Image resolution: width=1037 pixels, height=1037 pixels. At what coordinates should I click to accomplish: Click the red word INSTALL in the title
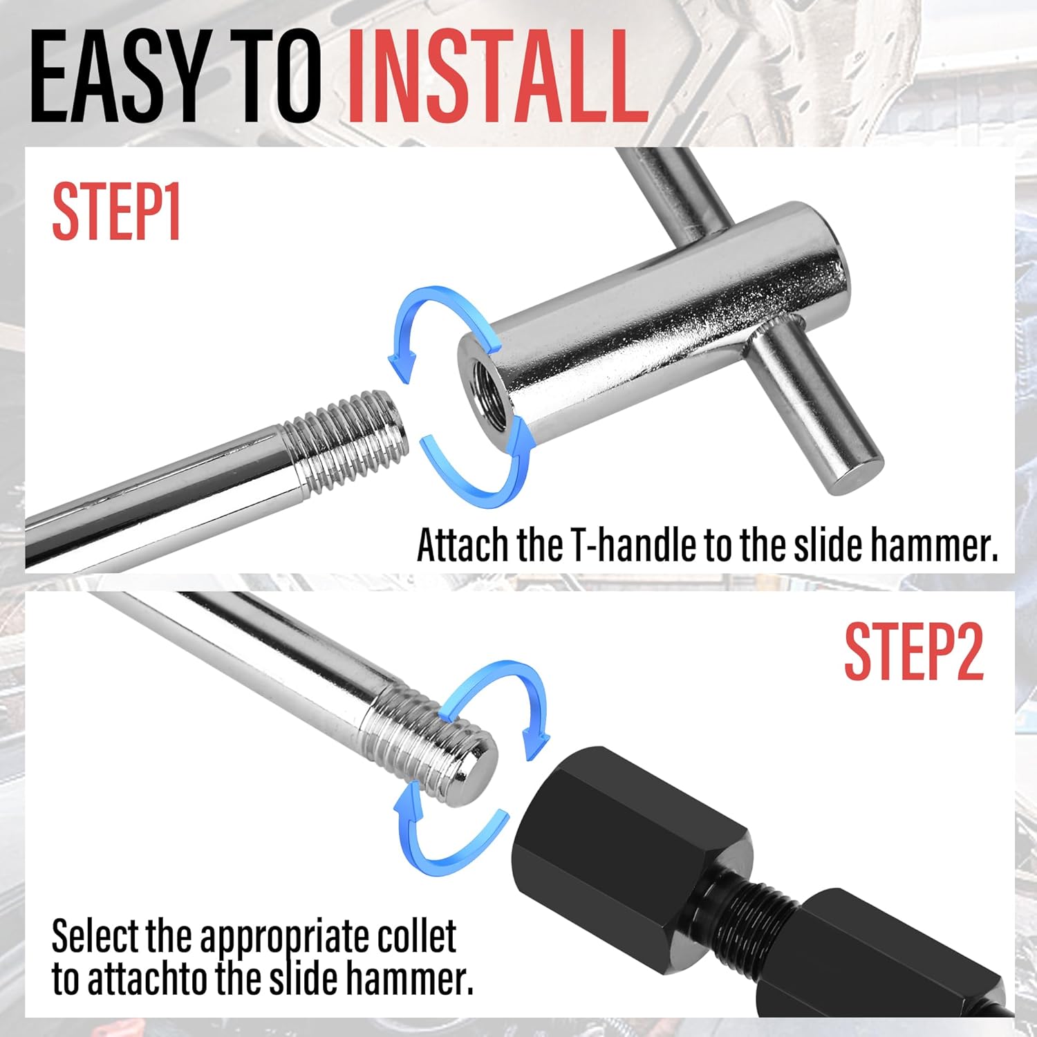click(x=496, y=77)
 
